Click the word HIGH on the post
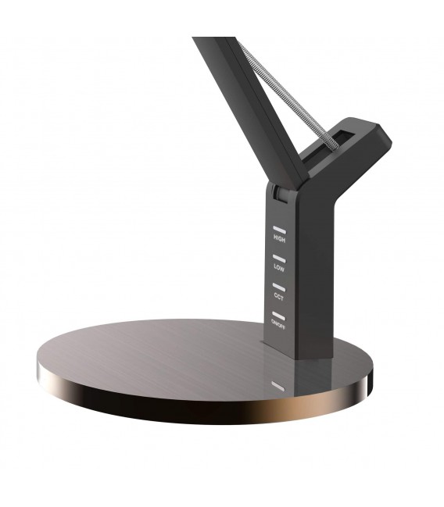278,239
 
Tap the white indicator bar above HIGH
278,230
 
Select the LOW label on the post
278,267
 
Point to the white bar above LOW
278,258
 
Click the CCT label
278,295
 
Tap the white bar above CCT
278,286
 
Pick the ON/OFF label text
277,322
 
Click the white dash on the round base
275,385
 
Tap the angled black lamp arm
242,94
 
